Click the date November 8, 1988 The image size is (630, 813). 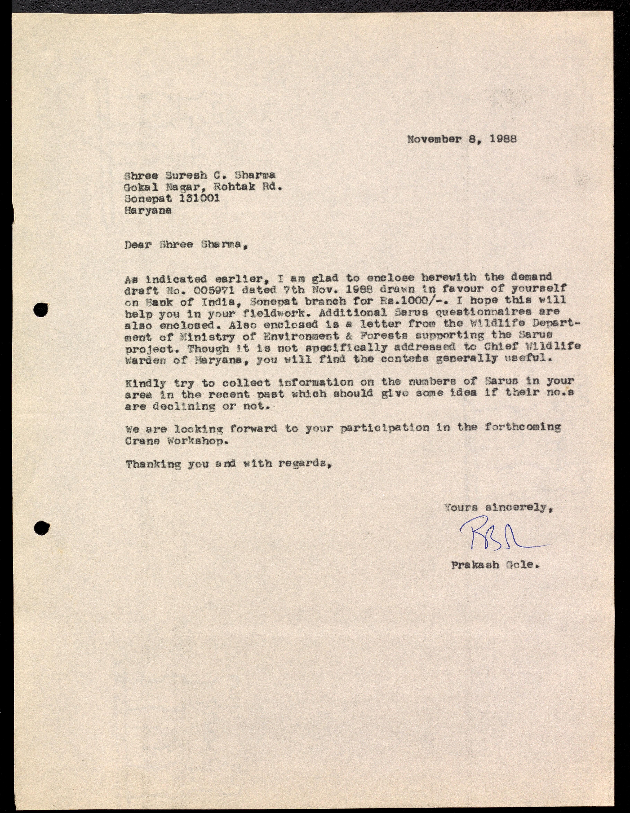[x=462, y=139]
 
